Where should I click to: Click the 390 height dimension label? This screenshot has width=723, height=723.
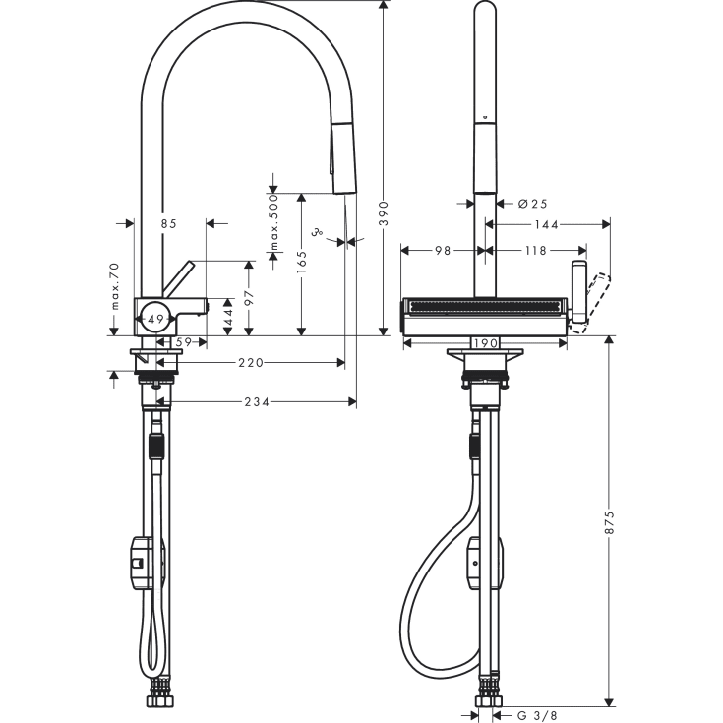click(x=385, y=211)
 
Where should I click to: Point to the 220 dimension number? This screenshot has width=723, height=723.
click(x=251, y=363)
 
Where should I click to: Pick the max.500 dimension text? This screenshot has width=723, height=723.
click(x=275, y=220)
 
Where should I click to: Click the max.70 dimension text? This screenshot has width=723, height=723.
click(x=115, y=287)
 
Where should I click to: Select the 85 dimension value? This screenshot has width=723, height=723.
click(x=168, y=224)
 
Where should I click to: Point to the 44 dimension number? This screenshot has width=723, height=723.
click(x=228, y=317)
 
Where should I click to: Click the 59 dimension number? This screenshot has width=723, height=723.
click(x=182, y=343)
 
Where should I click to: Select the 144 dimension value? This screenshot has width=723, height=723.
click(x=547, y=225)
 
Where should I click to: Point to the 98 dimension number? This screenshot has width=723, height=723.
click(x=442, y=251)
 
